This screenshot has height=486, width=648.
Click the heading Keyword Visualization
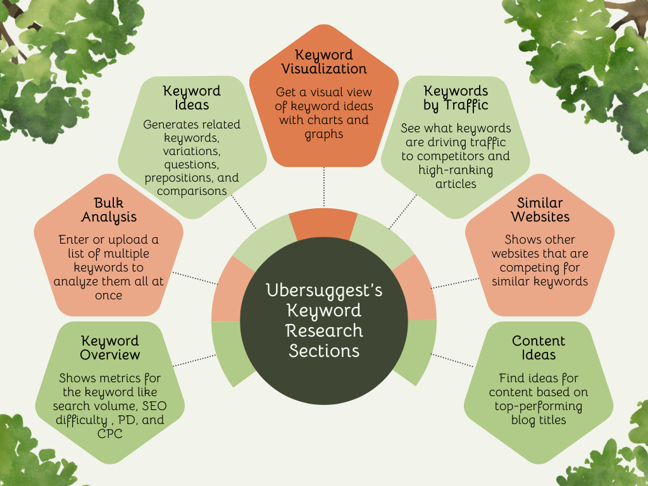click(x=324, y=61)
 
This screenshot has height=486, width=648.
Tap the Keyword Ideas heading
click(x=192, y=97)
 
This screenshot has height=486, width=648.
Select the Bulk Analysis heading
click(x=108, y=209)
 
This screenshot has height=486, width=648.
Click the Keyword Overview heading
click(x=109, y=348)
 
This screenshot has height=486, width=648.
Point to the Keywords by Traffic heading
click(x=456, y=97)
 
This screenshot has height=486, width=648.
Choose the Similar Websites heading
click(x=540, y=209)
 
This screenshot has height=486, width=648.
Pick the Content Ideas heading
click(x=539, y=347)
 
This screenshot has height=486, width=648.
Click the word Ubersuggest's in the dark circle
click(x=324, y=290)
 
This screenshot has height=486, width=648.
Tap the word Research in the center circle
click(x=324, y=330)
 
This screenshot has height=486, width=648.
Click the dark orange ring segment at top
click(x=323, y=225)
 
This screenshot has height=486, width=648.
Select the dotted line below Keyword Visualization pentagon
click(x=324, y=187)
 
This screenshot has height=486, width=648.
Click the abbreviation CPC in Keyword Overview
click(x=109, y=433)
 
